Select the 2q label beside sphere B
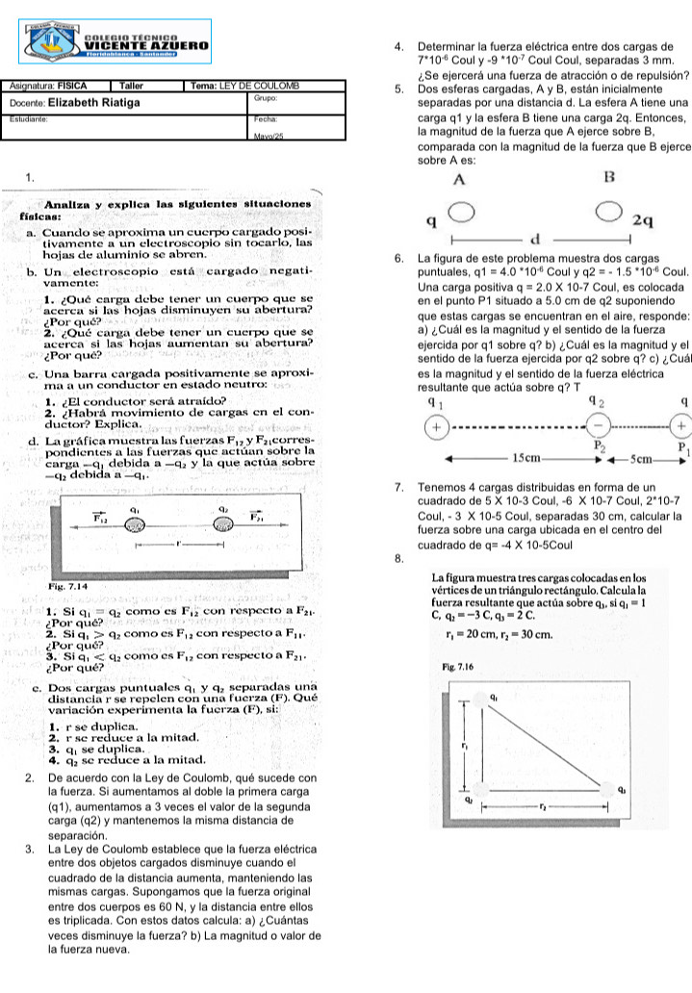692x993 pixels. pyautogui.click(x=643, y=220)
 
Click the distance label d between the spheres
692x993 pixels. pyautogui.click(x=536, y=238)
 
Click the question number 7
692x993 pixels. pyautogui.click(x=398, y=487)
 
